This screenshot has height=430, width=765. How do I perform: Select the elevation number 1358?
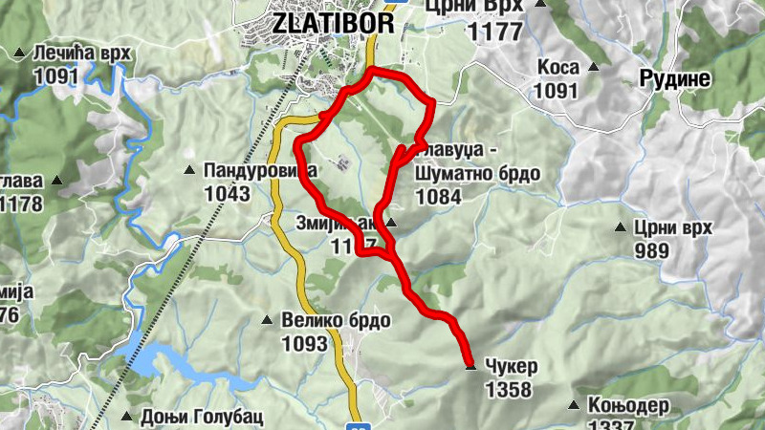[x=508, y=390]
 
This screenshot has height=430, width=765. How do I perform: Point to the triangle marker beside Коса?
[x=593, y=68]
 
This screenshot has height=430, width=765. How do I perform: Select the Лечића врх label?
[x=81, y=53]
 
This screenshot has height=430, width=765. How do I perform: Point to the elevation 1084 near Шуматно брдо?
[x=438, y=198]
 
